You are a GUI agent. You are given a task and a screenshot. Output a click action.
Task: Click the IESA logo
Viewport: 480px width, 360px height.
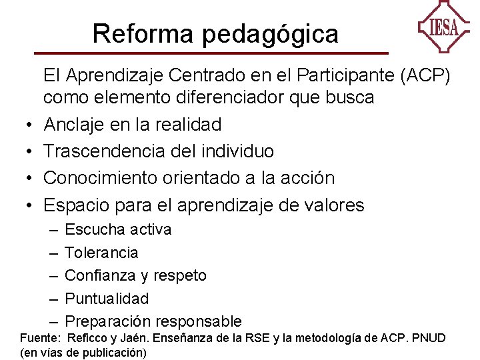pyautogui.click(x=443, y=27)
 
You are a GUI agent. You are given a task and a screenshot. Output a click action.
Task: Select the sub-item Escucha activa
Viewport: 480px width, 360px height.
pyautogui.click(x=118, y=229)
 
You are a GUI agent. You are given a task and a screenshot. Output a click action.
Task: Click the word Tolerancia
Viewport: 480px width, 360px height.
pyautogui.click(x=101, y=253)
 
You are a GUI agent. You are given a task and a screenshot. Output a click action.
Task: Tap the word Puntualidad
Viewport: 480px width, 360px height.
pyautogui.click(x=107, y=299)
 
